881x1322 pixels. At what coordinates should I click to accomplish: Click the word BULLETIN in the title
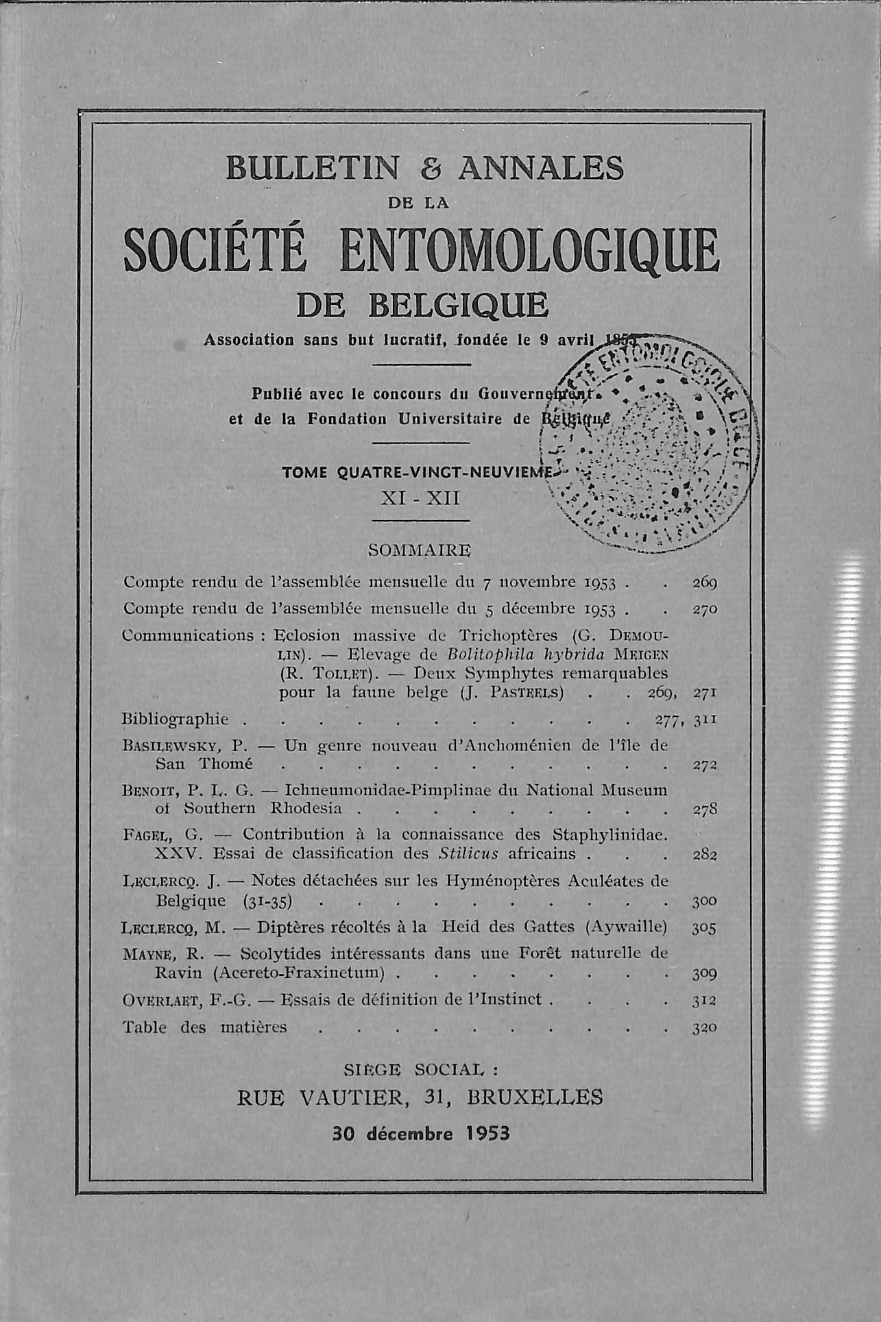(x=313, y=169)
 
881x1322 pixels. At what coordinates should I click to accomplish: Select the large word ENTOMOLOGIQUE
(x=529, y=251)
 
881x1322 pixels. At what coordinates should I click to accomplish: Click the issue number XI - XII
(x=420, y=498)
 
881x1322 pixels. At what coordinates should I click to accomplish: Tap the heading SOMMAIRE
(x=420, y=550)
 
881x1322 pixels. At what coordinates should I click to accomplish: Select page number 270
(x=704, y=609)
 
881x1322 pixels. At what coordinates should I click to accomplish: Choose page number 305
(x=704, y=928)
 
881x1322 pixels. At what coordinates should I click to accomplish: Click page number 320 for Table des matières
(x=704, y=1027)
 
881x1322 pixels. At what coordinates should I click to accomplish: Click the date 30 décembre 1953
(x=421, y=1133)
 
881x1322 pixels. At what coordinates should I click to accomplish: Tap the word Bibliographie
(x=175, y=719)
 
